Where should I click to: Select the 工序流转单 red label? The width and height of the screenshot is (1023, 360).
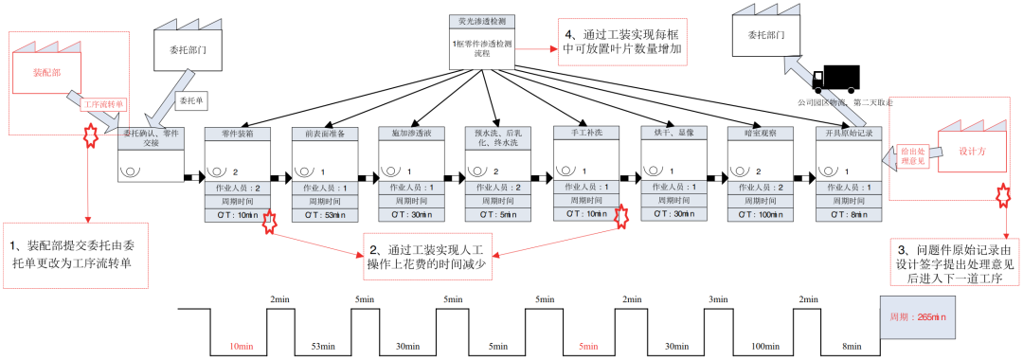102,104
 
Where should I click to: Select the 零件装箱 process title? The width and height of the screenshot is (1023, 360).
237,135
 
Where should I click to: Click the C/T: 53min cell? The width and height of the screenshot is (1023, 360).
324,216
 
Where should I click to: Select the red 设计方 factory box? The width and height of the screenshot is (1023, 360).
971,150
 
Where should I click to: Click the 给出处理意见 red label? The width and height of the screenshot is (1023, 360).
912,155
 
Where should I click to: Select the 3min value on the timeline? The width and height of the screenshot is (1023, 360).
719,299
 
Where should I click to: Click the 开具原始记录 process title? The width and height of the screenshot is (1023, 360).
849,135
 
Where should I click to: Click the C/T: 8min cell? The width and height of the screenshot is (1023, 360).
849,216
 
